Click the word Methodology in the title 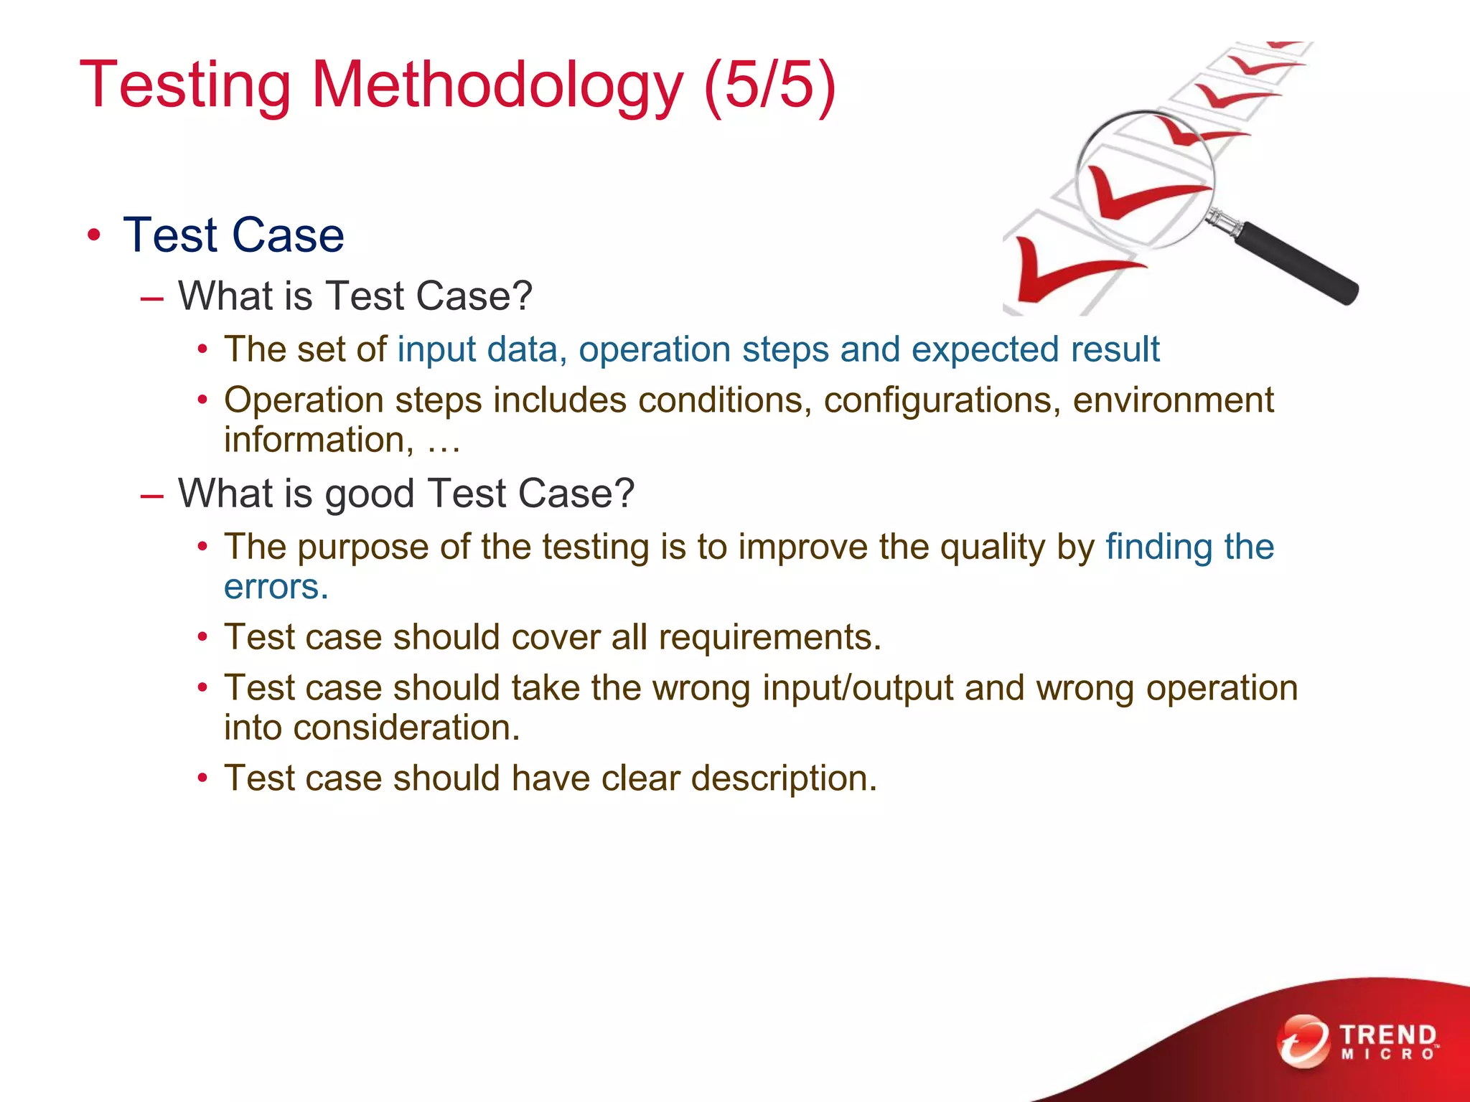tap(497, 85)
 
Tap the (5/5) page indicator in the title tap(769, 85)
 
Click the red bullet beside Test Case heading tap(93, 235)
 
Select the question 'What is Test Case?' tap(355, 296)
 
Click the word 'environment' tap(1173, 400)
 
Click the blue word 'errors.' tap(276, 587)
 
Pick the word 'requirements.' tap(769, 637)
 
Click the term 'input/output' tap(857, 689)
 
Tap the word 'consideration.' tap(406, 727)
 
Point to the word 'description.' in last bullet tap(784, 778)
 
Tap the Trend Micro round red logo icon tap(1303, 1041)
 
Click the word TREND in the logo tap(1387, 1035)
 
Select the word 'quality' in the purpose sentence tap(992, 547)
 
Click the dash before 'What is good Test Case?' tap(152, 495)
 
